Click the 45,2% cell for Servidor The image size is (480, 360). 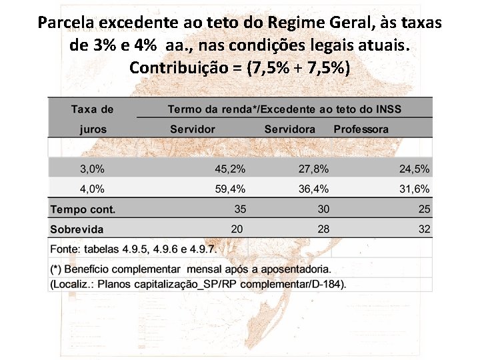click(x=230, y=169)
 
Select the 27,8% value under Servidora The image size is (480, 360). click(x=313, y=169)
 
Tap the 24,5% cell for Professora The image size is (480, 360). click(x=414, y=169)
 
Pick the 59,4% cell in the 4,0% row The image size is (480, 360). click(x=230, y=189)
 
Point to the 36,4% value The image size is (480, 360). click(x=313, y=189)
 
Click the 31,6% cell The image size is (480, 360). click(x=414, y=189)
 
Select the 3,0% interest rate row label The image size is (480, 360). click(x=92, y=169)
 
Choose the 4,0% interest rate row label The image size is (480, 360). click(x=92, y=189)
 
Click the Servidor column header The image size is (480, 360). click(x=193, y=129)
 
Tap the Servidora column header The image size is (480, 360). click(x=289, y=129)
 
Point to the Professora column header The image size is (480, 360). click(x=361, y=129)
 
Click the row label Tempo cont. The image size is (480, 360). click(x=83, y=209)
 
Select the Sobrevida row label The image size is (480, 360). click(x=77, y=229)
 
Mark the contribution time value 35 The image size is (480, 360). click(x=240, y=209)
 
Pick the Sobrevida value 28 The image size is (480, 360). click(x=323, y=229)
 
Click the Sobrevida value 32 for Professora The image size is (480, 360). click(x=424, y=229)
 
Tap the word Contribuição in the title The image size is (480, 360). click(x=179, y=67)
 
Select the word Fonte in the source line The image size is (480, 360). click(x=63, y=249)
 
